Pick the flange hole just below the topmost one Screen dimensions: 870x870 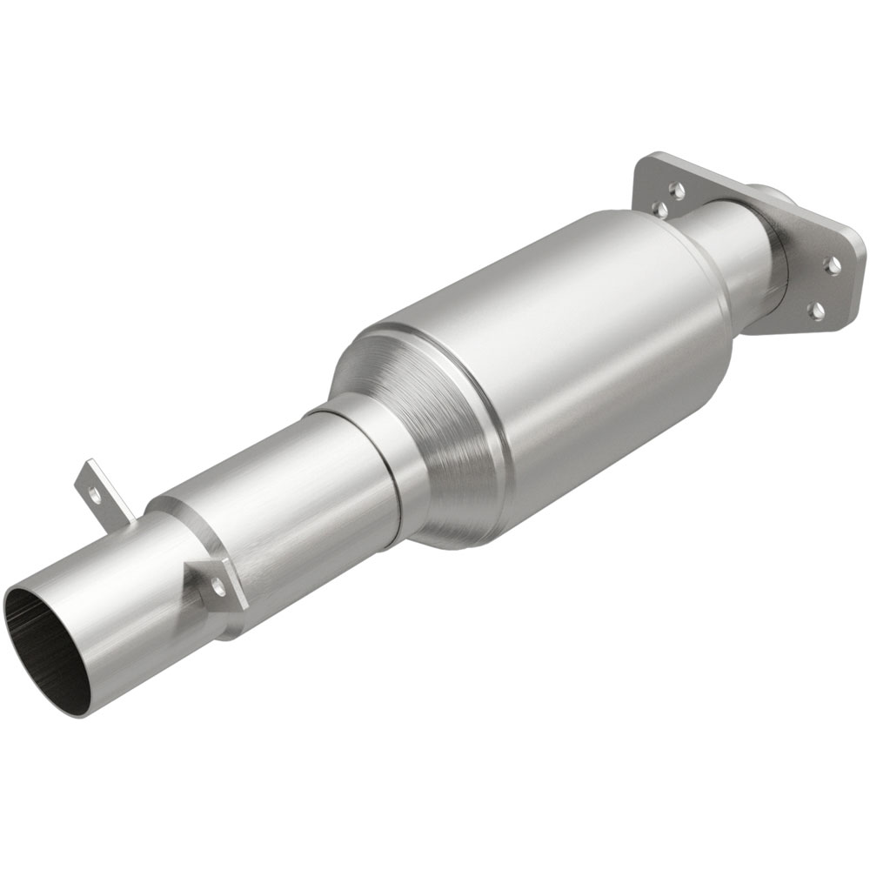659,208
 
